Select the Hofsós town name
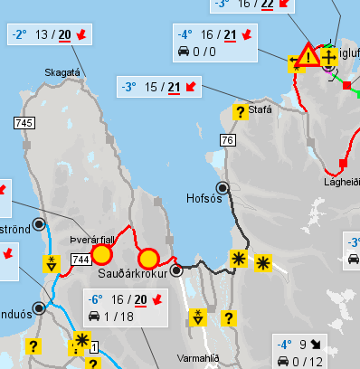pos(203,197)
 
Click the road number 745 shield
pos(24,121)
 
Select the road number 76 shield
pos(227,139)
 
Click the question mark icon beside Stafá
pos(240,112)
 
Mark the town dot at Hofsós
pos(223,187)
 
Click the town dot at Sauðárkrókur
pos(176,270)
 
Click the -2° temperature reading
pos(21,35)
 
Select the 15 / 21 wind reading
pos(162,88)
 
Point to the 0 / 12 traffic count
pos(313,362)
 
